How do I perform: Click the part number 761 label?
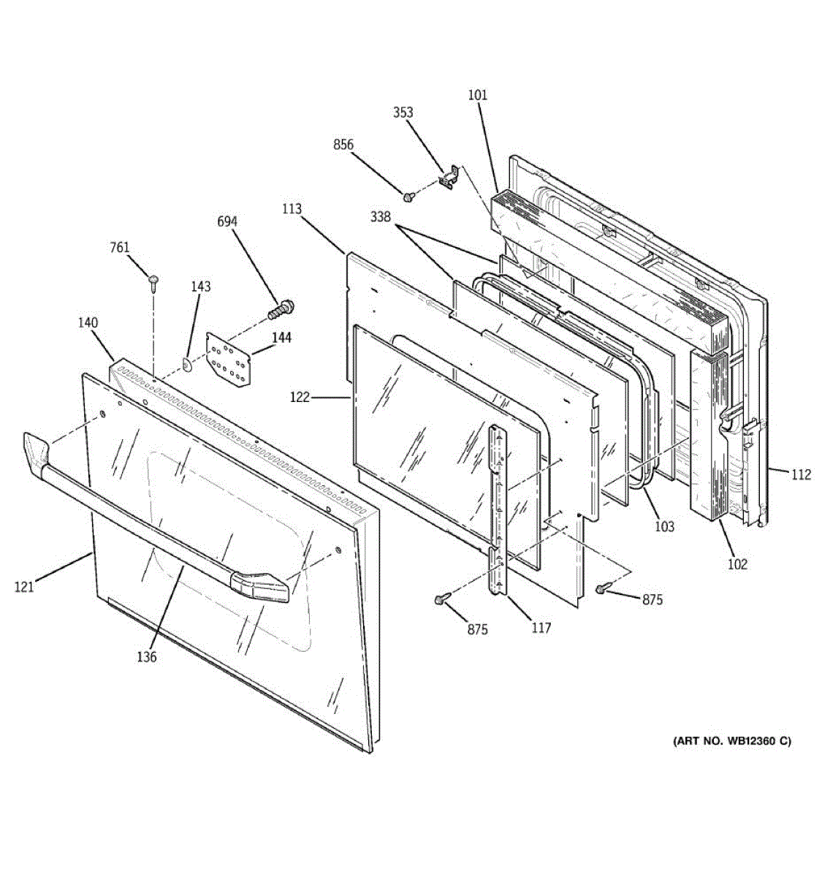pyautogui.click(x=120, y=248)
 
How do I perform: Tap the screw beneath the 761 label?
pyautogui.click(x=153, y=282)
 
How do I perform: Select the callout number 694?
pyautogui.click(x=227, y=222)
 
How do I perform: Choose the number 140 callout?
pyautogui.click(x=88, y=323)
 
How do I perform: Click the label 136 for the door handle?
pyautogui.click(x=146, y=657)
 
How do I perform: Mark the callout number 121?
pyautogui.click(x=24, y=586)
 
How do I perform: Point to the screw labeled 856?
pyautogui.click(x=408, y=196)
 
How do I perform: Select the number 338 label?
pyautogui.click(x=380, y=217)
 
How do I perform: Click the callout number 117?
pyautogui.click(x=541, y=628)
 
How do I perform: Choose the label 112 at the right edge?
pyautogui.click(x=801, y=475)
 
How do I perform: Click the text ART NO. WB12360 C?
pyautogui.click(x=731, y=741)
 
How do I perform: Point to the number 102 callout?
pyautogui.click(x=737, y=563)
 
